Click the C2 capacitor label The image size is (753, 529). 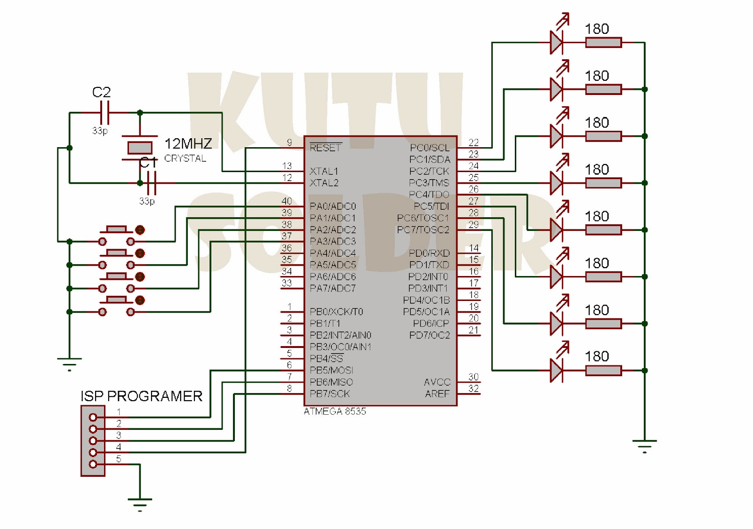point(101,92)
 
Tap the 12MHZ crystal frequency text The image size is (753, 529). point(188,143)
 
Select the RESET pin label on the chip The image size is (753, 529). point(325,148)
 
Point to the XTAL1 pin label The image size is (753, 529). point(324,171)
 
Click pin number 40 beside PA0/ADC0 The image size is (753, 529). point(287,201)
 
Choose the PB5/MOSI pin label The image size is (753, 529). point(331,371)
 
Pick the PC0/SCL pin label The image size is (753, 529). point(429,148)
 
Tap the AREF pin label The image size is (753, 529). point(437,394)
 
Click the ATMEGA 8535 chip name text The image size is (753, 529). point(335,411)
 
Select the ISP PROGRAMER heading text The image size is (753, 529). point(141,396)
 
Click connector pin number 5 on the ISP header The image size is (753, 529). point(119,459)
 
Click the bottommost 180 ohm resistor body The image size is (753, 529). point(603,371)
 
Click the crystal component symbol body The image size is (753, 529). point(140,148)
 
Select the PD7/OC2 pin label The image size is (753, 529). point(429,335)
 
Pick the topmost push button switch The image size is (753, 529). point(116,235)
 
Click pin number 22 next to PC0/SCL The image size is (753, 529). point(473,142)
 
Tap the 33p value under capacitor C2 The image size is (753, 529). point(100,130)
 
